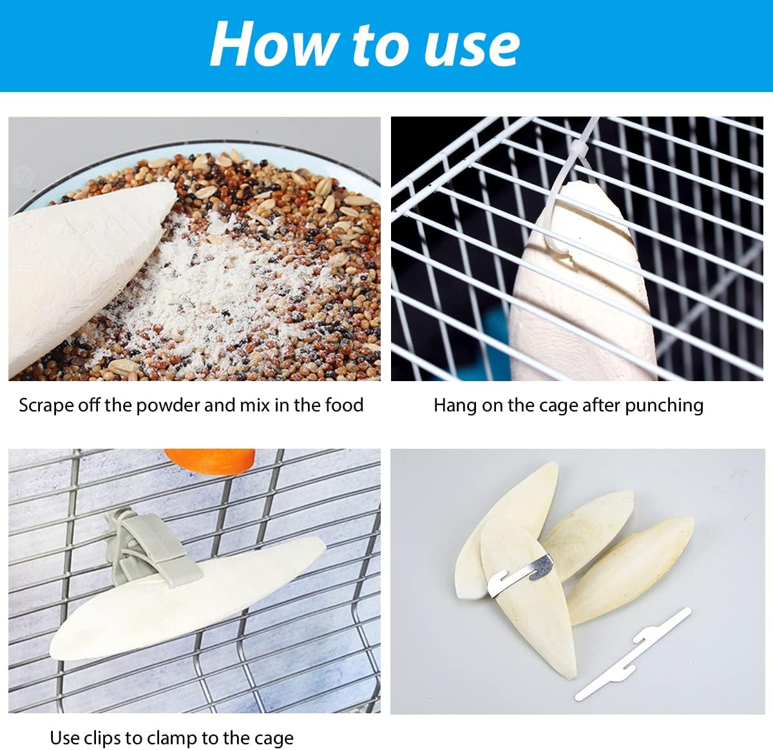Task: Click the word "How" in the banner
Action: click(x=274, y=44)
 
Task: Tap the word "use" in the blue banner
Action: click(x=472, y=49)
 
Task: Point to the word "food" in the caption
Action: click(x=345, y=405)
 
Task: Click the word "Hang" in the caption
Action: click(x=454, y=406)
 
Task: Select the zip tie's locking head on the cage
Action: click(x=579, y=149)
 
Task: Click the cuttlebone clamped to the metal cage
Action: click(x=187, y=595)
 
